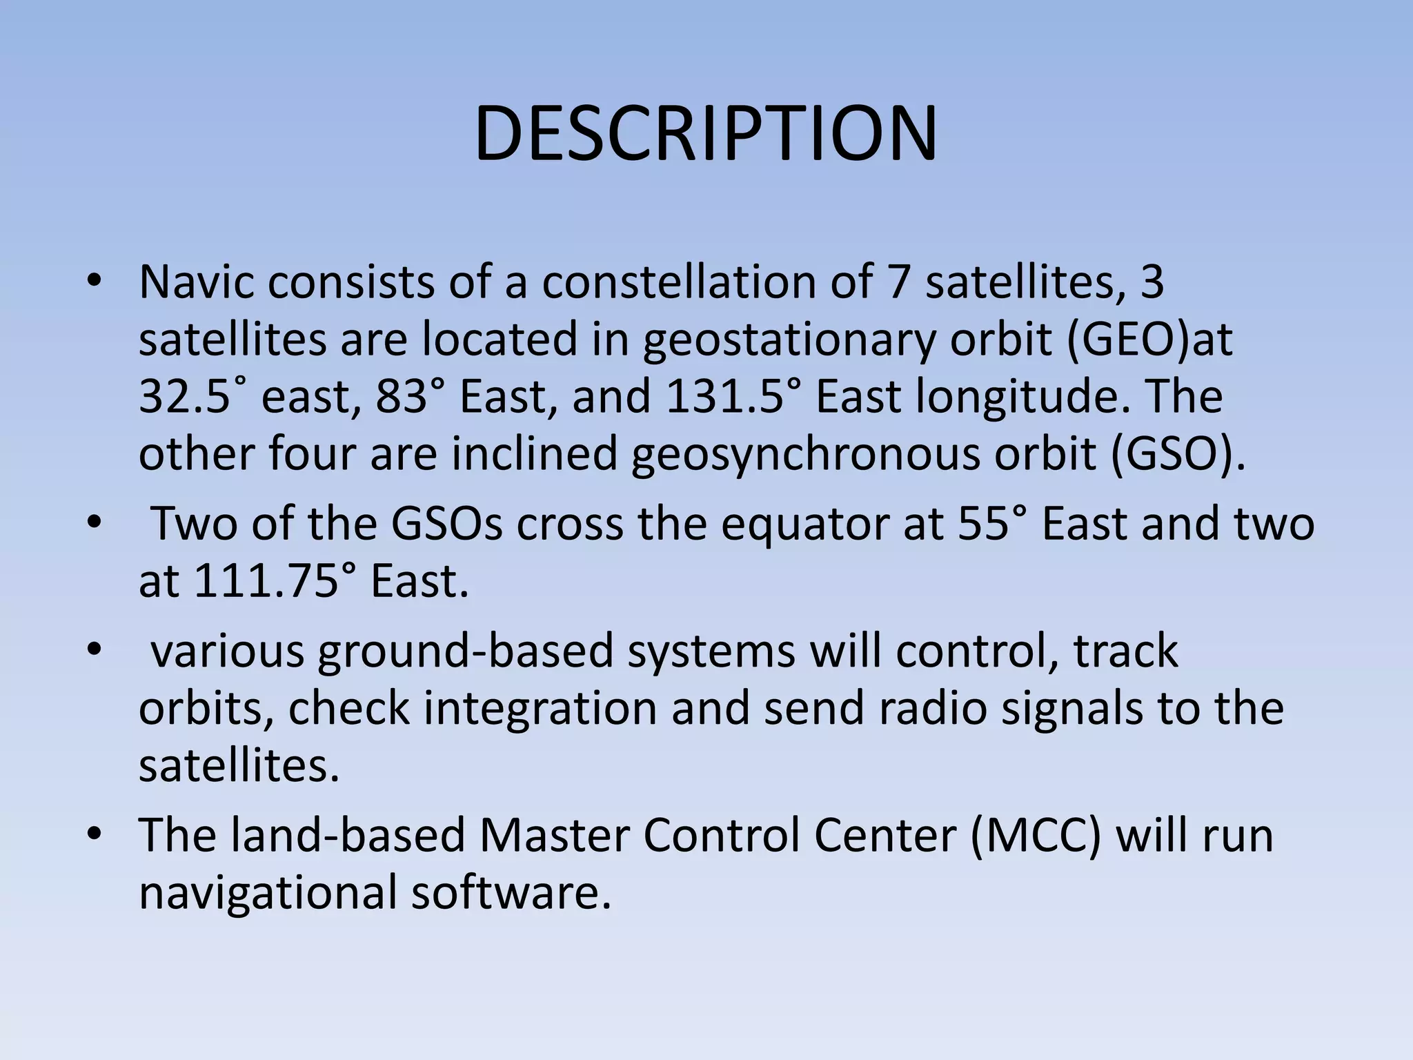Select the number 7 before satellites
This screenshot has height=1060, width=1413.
(x=898, y=282)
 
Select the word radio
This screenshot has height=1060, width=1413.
(x=932, y=709)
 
